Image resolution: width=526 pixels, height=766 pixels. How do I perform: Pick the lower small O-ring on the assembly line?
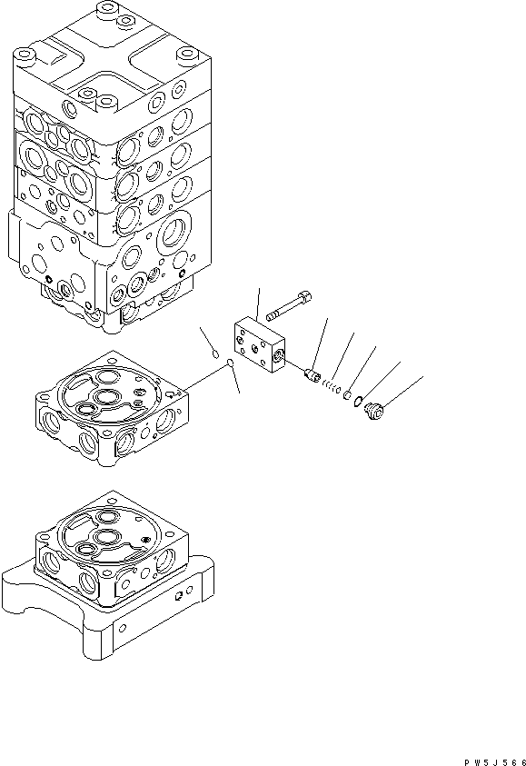232,365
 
